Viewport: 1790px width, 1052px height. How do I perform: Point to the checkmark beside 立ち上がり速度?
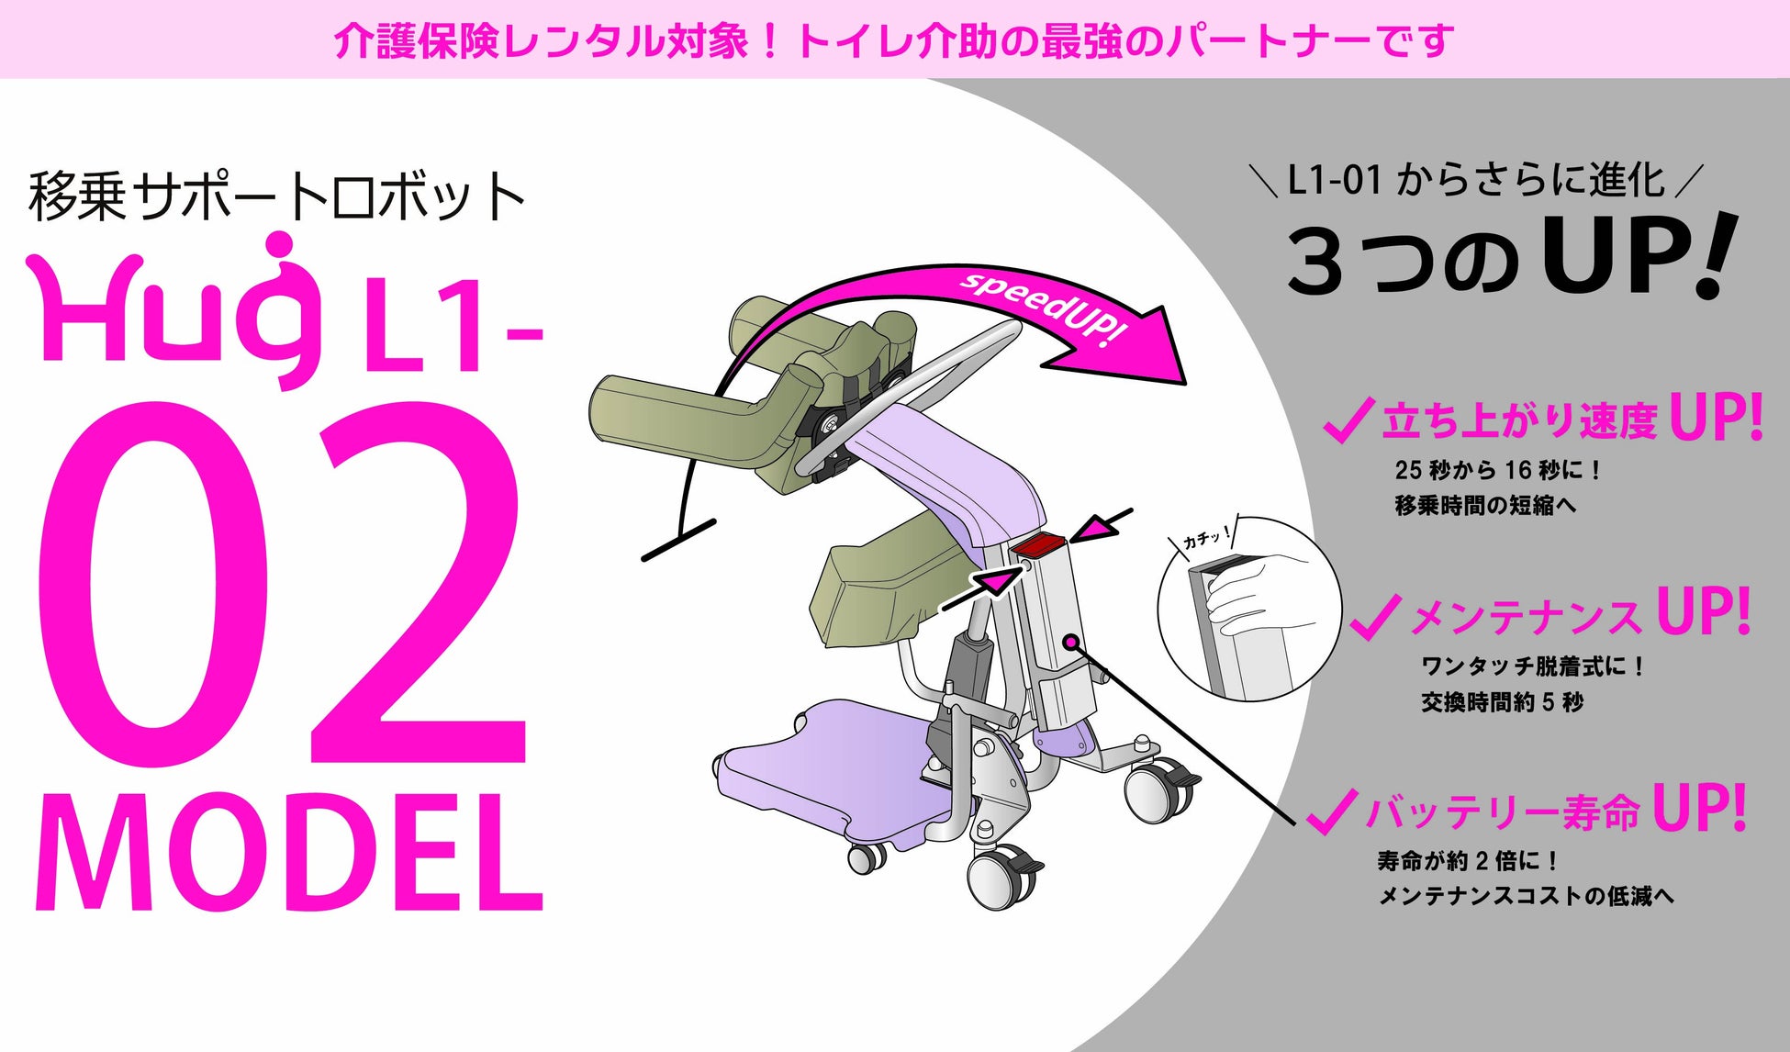coord(1348,421)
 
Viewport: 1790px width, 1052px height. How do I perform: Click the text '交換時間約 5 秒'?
coord(1503,702)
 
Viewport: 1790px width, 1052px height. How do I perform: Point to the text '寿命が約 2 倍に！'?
coord(1468,861)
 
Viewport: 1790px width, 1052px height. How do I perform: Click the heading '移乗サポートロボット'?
coord(276,196)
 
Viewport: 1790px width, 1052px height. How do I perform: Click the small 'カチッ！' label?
coord(1205,538)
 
